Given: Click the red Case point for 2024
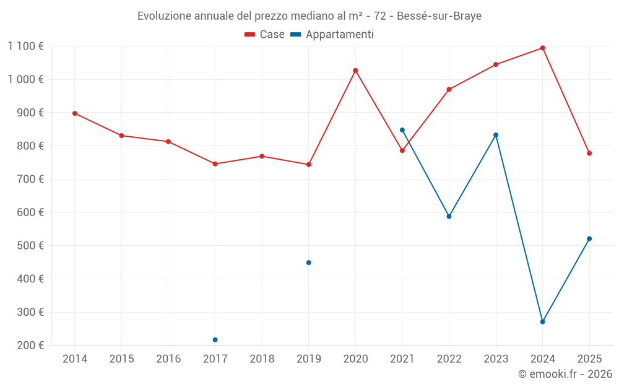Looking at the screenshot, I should (x=542, y=48).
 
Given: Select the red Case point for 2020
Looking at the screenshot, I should (x=355, y=71).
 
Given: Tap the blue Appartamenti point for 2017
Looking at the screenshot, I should (x=215, y=339).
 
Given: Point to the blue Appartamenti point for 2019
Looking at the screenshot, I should (x=308, y=263).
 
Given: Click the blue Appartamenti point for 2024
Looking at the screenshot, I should (x=542, y=322).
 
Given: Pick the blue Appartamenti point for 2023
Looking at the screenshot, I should (x=496, y=135).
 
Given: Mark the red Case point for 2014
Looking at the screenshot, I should (x=75, y=113).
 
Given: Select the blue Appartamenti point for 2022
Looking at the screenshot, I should (x=449, y=216).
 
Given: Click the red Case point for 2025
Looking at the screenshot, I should (x=589, y=153).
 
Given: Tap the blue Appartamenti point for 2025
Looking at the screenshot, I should (x=589, y=238).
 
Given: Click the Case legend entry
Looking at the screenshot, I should (x=265, y=35).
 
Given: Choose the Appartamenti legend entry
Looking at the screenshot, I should (x=332, y=35).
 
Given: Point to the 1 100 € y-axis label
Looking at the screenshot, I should (x=25, y=46).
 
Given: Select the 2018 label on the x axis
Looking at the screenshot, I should (x=262, y=359).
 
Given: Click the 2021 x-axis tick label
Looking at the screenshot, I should (x=402, y=359).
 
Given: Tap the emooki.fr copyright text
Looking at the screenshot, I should (x=565, y=374).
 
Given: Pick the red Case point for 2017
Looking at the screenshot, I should (x=215, y=164).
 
